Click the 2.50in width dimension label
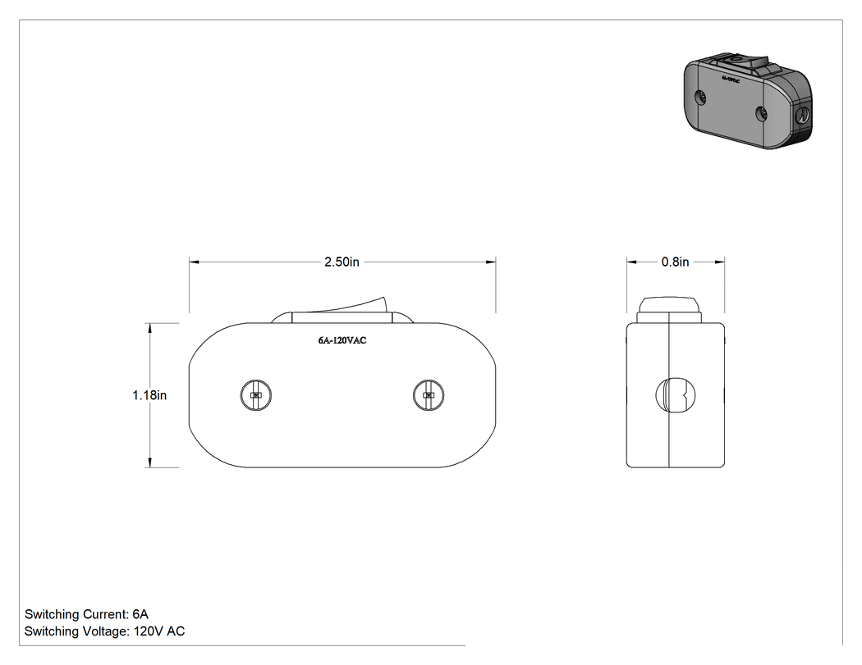click(x=342, y=262)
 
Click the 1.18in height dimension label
click(x=149, y=395)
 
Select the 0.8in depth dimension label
click(x=675, y=262)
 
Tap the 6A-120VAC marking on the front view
click(x=342, y=340)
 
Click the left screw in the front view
click(x=255, y=395)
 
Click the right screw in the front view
click(x=429, y=395)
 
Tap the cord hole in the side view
click(x=676, y=395)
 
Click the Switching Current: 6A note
click(x=86, y=614)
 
